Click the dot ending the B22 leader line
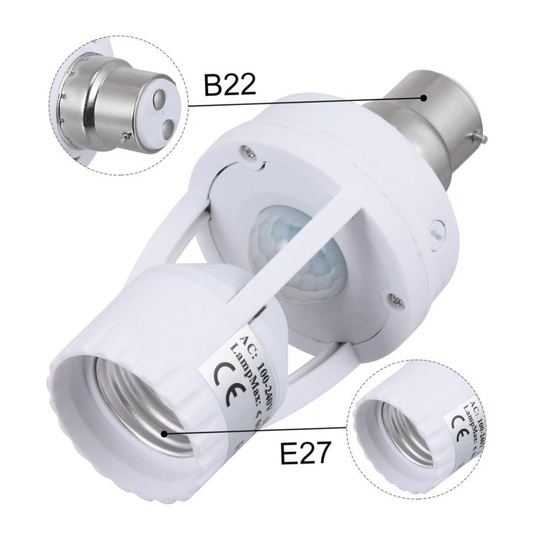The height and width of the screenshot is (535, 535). click(x=424, y=97)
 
